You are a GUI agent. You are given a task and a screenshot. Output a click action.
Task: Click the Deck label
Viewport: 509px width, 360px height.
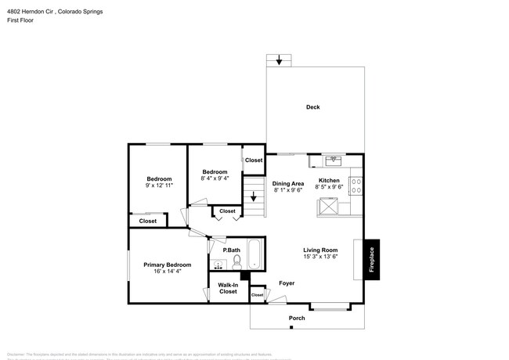coord(312,107)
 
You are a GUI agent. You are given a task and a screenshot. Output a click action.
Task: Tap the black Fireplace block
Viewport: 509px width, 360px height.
coord(372,259)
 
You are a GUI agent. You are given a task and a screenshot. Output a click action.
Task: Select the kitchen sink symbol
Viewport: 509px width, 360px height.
coord(334,160)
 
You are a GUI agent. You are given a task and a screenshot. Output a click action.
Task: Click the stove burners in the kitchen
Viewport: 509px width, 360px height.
coord(357,186)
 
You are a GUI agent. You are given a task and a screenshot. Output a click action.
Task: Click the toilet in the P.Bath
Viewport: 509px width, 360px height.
coord(236,261)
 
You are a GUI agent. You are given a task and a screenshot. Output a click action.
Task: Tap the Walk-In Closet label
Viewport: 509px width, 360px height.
coord(228,288)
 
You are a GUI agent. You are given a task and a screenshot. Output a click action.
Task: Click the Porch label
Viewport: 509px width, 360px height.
coord(297,318)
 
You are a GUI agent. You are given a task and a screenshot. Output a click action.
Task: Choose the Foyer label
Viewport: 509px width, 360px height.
coord(287,283)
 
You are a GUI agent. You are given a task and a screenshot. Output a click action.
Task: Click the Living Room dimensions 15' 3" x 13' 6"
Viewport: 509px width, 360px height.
coord(320,257)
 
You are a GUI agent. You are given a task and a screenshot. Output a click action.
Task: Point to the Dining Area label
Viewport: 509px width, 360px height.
coord(288,183)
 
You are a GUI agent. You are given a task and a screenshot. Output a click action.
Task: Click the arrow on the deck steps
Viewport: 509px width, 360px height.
coord(279,60)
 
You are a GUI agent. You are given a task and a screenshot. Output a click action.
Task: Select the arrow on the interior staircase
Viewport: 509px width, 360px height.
coord(253,199)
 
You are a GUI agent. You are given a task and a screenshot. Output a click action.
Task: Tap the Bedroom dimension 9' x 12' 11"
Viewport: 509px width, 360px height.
coord(159,186)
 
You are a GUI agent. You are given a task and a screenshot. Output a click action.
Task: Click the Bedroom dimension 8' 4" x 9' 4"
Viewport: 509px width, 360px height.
coord(215,178)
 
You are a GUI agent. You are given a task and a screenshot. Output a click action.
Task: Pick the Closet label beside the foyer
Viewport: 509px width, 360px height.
coord(257,295)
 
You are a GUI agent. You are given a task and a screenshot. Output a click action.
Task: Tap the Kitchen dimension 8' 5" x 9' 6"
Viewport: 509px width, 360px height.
coord(328,187)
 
